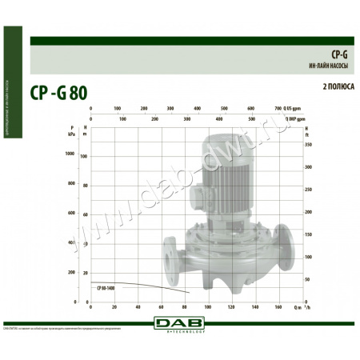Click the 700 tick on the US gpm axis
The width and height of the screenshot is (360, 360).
[x=278, y=107]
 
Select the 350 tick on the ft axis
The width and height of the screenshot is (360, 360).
[x=307, y=145]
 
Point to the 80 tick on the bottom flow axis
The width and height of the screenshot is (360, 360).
[x=185, y=306]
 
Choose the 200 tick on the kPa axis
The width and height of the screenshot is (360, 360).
[x=82, y=272]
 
